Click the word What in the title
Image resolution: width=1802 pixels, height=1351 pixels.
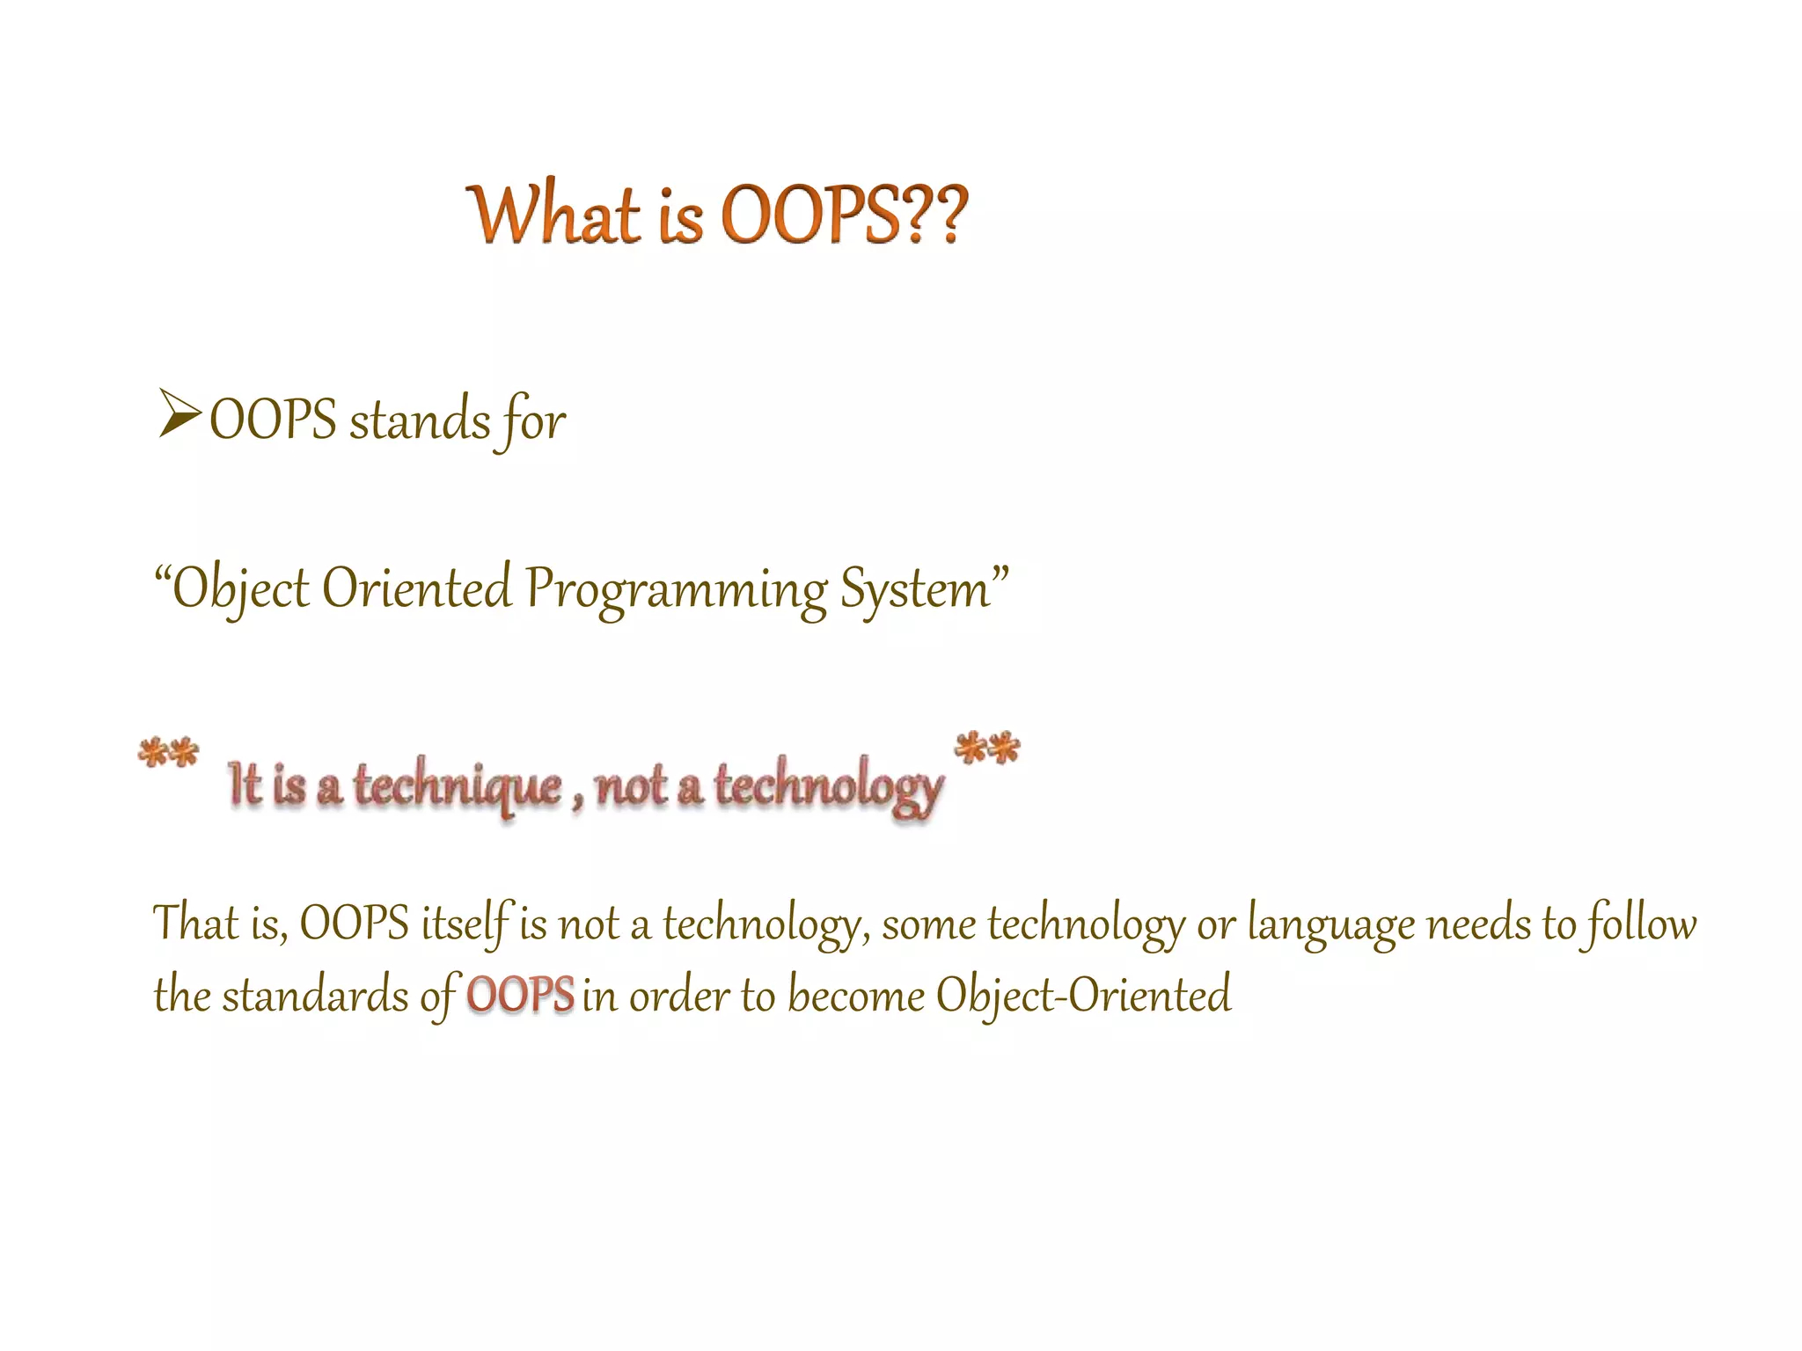554,215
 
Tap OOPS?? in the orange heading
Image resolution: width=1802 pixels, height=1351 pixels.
843,215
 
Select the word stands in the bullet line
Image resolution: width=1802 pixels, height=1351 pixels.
420,420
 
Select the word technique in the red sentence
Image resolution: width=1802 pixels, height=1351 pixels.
458,785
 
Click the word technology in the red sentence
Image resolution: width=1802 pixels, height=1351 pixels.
828,785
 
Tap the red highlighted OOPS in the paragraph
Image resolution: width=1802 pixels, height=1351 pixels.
520,996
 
